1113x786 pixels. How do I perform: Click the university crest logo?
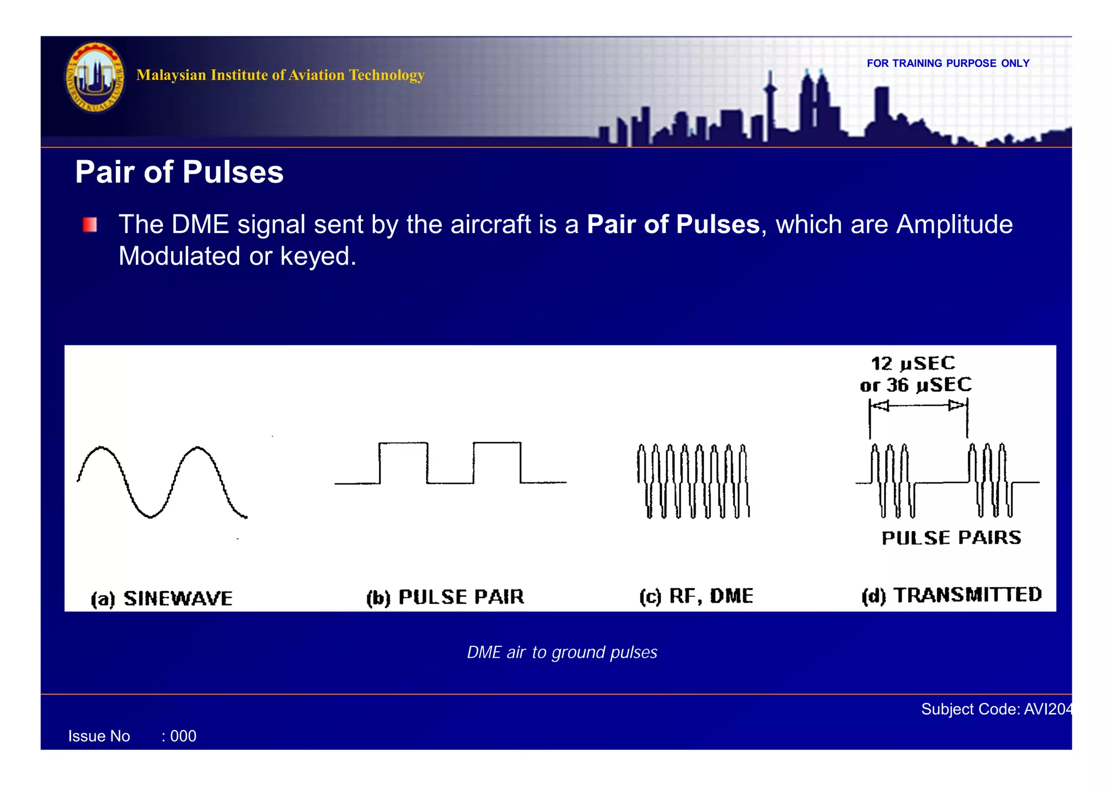pos(95,78)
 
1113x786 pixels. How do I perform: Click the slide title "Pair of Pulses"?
pos(179,172)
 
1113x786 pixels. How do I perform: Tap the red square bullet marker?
pos(90,225)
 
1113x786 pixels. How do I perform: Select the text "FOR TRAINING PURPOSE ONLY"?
pos(948,64)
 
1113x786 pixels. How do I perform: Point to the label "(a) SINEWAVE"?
pos(162,599)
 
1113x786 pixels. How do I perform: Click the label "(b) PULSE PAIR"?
pos(445,597)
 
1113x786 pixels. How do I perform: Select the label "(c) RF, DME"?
pos(696,596)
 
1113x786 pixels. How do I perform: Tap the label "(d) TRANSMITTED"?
pos(952,595)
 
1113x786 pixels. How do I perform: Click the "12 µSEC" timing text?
pos(913,363)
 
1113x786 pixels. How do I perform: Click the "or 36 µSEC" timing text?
pos(916,385)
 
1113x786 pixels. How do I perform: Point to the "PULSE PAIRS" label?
pos(951,538)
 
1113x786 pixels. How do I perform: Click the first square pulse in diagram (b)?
pos(403,462)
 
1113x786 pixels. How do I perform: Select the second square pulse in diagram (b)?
pos(497,462)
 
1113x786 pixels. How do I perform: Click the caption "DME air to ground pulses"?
pos(562,652)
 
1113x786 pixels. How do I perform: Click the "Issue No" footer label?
pos(99,737)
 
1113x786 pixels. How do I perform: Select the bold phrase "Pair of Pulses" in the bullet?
pos(673,224)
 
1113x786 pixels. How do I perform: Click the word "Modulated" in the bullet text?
pos(179,256)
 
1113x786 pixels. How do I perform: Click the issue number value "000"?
pos(183,737)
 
